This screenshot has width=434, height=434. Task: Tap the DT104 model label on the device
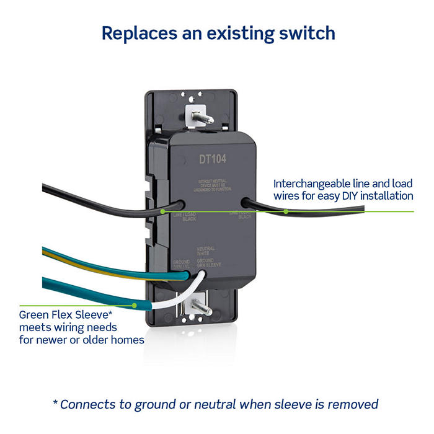pos(213,159)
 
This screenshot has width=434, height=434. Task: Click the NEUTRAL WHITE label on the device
pos(206,252)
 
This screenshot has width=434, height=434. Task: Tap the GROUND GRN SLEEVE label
pos(208,264)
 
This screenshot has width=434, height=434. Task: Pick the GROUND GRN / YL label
pos(181,264)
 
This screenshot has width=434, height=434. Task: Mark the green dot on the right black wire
pos(285,211)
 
